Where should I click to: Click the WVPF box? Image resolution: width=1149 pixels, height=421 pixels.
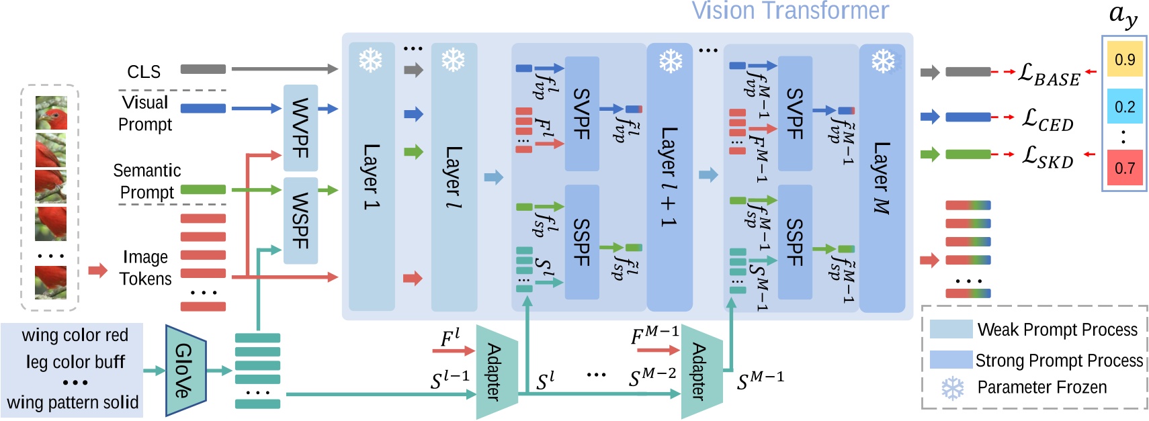[300, 128]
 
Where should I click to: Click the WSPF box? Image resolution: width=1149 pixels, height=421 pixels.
[300, 220]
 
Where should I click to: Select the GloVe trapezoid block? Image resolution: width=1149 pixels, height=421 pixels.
[185, 370]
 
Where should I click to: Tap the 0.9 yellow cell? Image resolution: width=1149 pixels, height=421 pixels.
[1125, 60]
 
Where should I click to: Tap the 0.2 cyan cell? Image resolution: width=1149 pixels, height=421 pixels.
[1125, 107]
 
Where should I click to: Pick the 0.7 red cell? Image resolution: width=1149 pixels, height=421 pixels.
[1125, 168]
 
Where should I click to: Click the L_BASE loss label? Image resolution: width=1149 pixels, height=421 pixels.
[1049, 75]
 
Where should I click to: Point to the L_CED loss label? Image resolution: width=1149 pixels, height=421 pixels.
[1048, 120]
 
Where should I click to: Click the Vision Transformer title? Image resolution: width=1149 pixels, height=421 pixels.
[790, 11]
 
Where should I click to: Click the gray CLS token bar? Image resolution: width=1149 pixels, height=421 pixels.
[203, 69]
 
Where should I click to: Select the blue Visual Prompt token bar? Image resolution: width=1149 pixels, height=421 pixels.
[203, 108]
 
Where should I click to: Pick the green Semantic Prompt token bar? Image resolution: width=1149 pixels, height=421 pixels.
[203, 190]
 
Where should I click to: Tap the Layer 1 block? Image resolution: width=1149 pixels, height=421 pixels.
[372, 176]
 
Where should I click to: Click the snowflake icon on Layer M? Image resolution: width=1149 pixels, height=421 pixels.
[883, 62]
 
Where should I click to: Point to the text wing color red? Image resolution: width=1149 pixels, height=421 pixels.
[75, 335]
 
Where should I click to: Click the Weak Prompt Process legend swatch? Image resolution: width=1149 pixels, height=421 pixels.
[951, 329]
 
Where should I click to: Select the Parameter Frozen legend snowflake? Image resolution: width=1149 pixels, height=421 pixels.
[952, 388]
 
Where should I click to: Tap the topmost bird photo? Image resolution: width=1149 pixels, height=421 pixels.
[51, 113]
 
